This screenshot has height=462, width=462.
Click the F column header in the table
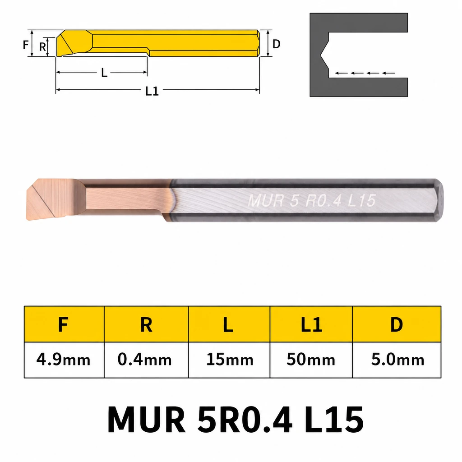pyautogui.click(x=64, y=324)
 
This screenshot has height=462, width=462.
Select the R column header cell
pyautogui.click(x=146, y=324)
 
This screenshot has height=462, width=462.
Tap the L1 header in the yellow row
pyautogui.click(x=311, y=324)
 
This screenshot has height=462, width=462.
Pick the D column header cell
pyautogui.click(x=397, y=324)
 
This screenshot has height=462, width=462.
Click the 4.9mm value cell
pyautogui.click(x=64, y=360)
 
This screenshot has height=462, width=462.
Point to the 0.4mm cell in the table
pyautogui.click(x=146, y=360)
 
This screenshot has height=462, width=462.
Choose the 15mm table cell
pyautogui.click(x=229, y=360)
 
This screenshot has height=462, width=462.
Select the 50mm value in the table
pyautogui.click(x=311, y=360)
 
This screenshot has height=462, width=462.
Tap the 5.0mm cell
pyautogui.click(x=397, y=360)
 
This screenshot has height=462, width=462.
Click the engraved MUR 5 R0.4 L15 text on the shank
pyautogui.click(x=312, y=201)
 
